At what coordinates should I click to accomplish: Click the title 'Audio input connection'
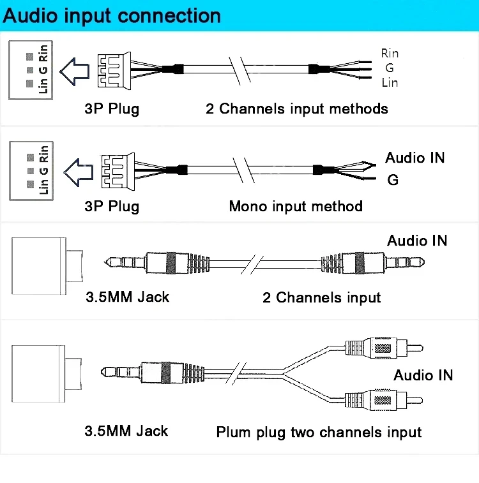[x=112, y=15]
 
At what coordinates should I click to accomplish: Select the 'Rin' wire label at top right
[x=390, y=53]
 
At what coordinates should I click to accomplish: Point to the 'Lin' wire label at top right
[x=390, y=82]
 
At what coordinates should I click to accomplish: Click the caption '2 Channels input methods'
[x=296, y=108]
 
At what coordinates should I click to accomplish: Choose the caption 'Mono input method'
[x=295, y=207]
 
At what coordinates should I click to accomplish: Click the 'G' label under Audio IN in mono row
[x=393, y=181]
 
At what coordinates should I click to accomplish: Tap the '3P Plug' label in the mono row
[x=112, y=207]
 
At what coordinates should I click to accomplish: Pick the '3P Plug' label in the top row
[x=112, y=108]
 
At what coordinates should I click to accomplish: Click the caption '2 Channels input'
[x=321, y=297]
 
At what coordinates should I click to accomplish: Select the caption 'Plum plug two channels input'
[x=319, y=433]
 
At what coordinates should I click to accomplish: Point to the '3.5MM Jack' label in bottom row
[x=126, y=431]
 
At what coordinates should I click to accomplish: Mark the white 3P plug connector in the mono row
[x=115, y=170]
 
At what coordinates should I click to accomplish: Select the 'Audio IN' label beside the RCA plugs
[x=423, y=375]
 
